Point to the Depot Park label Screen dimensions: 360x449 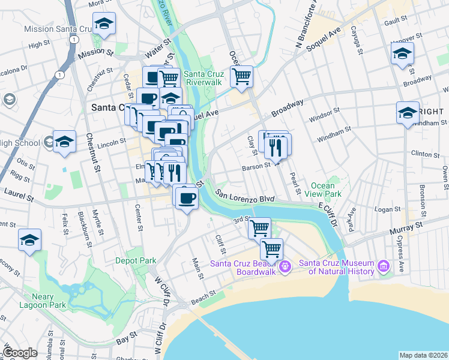[x=136, y=260]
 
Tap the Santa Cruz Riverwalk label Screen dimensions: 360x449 [x=204, y=78]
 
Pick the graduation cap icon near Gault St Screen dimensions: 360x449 [x=402, y=53]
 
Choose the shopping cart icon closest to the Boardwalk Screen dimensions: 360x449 [x=272, y=248]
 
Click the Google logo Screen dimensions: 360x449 [x=20, y=353]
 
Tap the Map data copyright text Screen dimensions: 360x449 [x=423, y=355]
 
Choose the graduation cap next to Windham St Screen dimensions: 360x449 [x=408, y=112]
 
